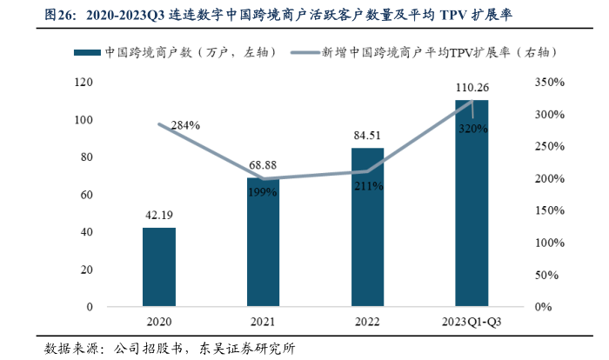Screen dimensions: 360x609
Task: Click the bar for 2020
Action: click(159, 267)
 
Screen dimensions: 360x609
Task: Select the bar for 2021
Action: click(263, 243)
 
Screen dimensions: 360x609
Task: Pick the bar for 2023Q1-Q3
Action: click(472, 203)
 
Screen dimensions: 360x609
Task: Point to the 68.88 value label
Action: click(263, 165)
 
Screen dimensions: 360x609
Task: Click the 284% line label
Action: click(185, 125)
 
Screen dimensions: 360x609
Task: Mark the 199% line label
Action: click(263, 191)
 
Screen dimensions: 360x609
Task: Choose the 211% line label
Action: click(367, 184)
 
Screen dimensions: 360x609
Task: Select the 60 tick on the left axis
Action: click(88, 195)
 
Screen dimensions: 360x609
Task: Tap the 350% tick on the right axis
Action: click(546, 82)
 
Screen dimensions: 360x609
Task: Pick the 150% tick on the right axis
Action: click(546, 210)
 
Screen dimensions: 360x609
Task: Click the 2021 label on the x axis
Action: click(263, 323)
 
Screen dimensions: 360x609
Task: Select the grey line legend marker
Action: click(304, 53)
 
